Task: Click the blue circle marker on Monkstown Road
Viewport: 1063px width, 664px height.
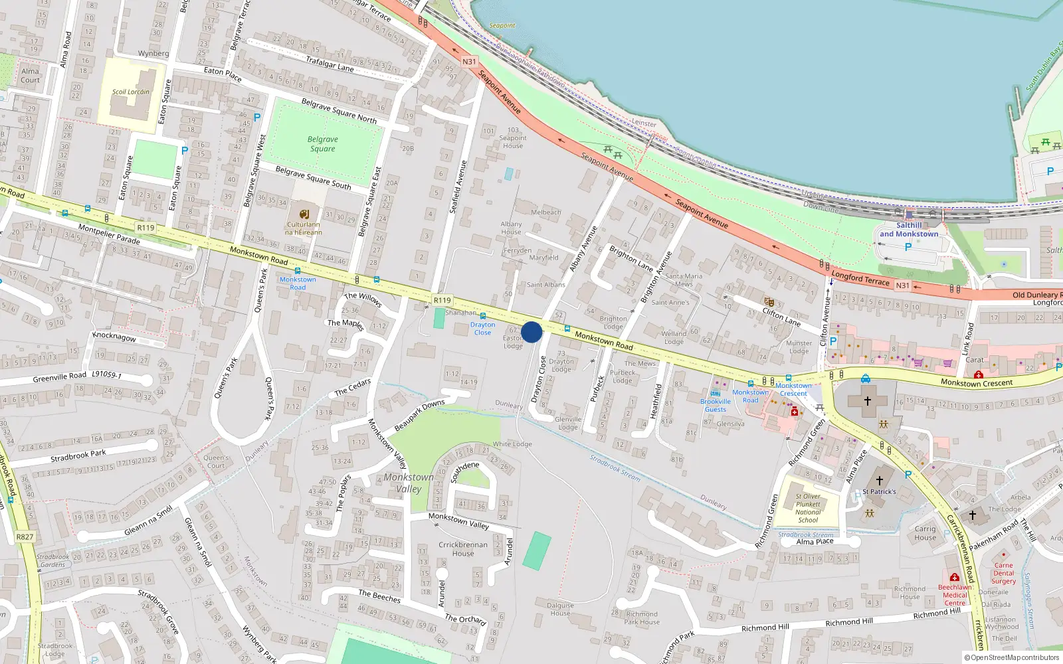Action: (x=531, y=332)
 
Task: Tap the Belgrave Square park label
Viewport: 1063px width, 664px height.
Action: (x=323, y=144)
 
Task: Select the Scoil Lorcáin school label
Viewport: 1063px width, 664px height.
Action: (x=131, y=92)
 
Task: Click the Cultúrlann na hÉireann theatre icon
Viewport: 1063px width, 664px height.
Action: (x=304, y=214)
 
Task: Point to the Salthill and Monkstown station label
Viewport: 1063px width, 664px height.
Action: (x=909, y=230)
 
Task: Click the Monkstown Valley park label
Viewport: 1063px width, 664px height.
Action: (x=408, y=483)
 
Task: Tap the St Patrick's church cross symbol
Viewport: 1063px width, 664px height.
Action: (x=880, y=480)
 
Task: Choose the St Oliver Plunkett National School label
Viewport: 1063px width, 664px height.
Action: (x=808, y=508)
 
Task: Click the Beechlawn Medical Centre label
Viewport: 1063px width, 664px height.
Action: (x=955, y=595)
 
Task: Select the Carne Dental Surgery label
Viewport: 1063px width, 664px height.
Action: (x=1004, y=573)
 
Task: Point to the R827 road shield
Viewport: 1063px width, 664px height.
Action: (x=25, y=537)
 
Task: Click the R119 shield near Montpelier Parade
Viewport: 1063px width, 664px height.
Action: (x=145, y=228)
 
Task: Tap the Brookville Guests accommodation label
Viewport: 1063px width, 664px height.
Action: (x=715, y=405)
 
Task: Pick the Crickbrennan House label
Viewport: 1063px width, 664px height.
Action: (x=463, y=549)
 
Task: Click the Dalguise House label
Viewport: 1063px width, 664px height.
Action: (x=560, y=609)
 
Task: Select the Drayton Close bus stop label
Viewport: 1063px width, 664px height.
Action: (x=483, y=328)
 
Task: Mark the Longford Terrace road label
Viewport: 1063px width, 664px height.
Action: (x=860, y=278)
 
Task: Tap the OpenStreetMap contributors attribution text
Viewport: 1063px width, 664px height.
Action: (x=1012, y=657)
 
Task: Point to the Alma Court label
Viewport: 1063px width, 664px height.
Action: (x=30, y=76)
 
